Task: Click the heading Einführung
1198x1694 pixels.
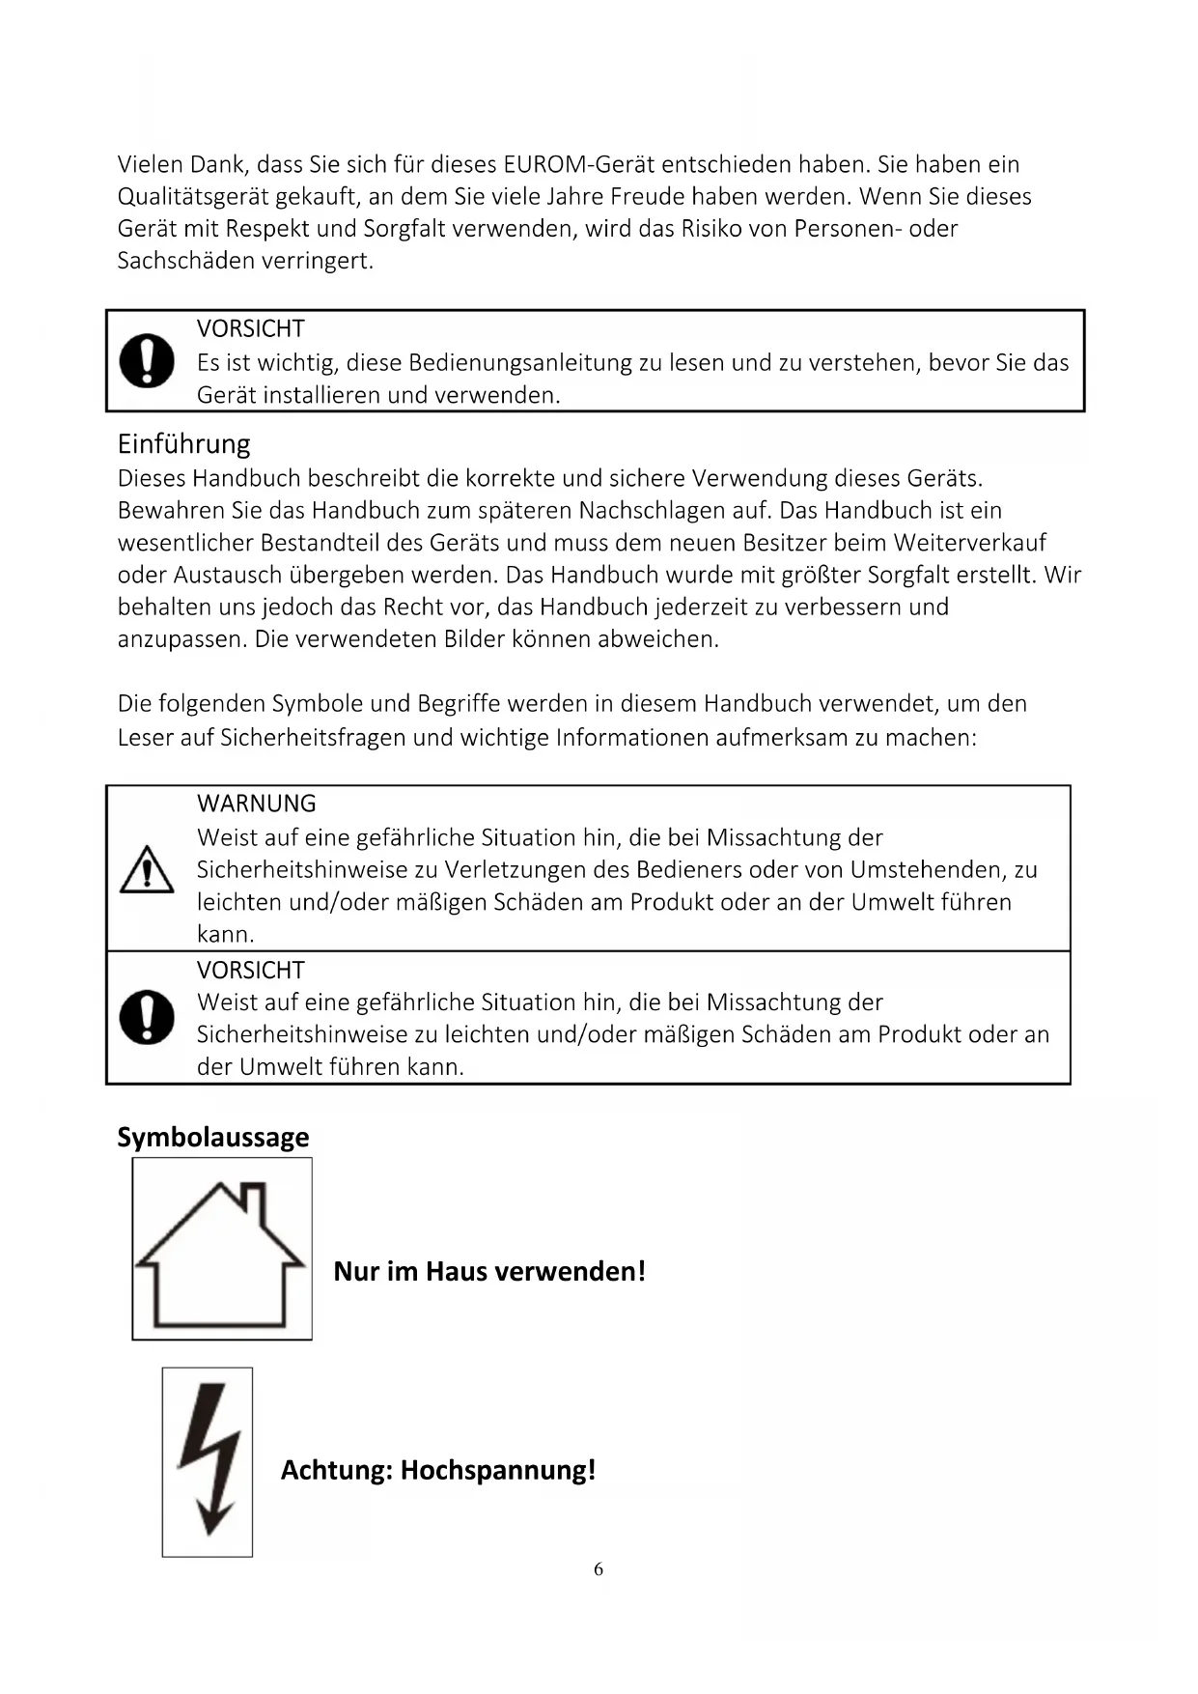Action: (183, 444)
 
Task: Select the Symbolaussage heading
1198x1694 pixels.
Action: (213, 1137)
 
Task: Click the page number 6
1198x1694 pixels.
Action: (599, 1568)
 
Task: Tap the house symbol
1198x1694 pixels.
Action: (222, 1249)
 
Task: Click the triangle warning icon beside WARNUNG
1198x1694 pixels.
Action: (147, 869)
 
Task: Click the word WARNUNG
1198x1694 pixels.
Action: (256, 804)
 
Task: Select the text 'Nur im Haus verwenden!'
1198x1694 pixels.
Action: (489, 1271)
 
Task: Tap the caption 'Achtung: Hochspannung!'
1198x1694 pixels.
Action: (438, 1470)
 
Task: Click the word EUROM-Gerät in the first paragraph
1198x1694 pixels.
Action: (579, 164)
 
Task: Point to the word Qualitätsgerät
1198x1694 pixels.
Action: (192, 197)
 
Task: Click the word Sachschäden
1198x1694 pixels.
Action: (175, 261)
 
